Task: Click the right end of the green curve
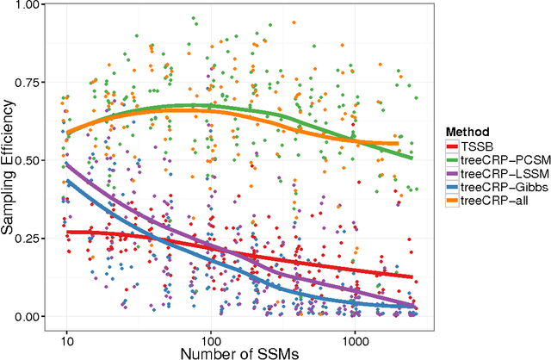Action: tap(413, 158)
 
